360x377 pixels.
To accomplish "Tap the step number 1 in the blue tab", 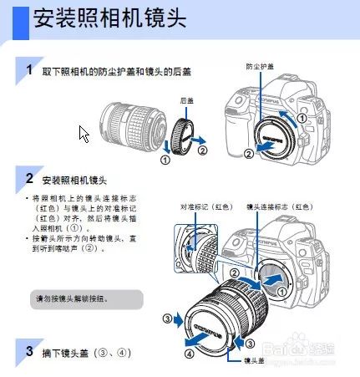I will [29, 70].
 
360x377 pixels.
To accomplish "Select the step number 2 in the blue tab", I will [29, 178].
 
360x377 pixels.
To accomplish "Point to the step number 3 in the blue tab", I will [29, 349].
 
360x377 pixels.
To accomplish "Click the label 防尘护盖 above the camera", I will [259, 65].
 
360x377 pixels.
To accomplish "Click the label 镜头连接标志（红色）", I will [279, 206].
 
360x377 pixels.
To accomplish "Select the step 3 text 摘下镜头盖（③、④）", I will [87, 352].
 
